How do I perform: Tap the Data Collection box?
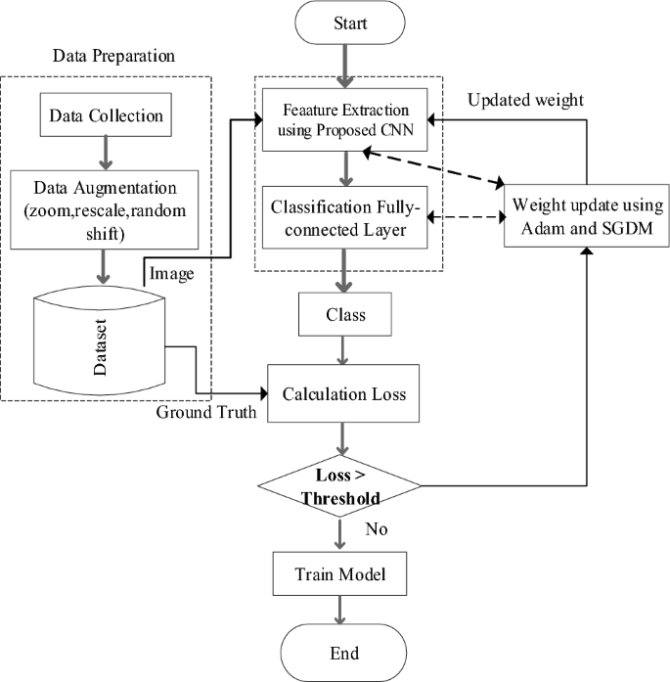pos(105,117)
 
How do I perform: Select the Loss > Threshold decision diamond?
pos(339,485)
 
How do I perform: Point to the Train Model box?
pos(339,575)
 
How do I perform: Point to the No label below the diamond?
pos(377,529)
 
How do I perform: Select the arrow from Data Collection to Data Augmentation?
pos(105,151)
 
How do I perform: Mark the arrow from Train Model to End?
pos(339,610)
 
